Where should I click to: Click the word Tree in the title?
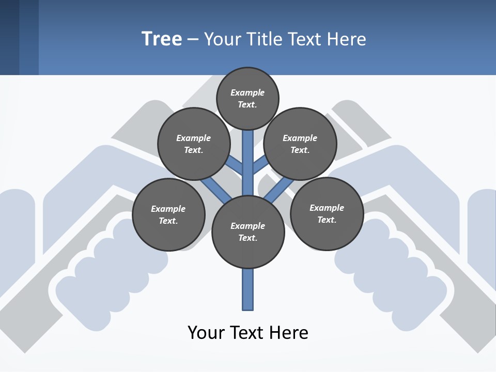pos(162,39)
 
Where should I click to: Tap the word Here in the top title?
pos(346,39)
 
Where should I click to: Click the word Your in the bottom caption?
pos(207,333)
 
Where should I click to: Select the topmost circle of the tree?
pos(247,98)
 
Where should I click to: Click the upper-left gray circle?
pos(194,144)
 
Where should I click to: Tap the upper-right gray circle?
pos(300,144)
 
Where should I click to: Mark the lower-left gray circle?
pos(168,215)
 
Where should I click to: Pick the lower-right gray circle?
pos(327,214)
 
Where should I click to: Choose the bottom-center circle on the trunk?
pos(248,232)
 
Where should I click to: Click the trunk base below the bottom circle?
pos(248,289)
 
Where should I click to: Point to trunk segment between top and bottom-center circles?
pos(248,165)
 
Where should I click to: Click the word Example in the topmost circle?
pos(247,92)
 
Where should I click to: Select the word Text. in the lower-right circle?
pos(327,220)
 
